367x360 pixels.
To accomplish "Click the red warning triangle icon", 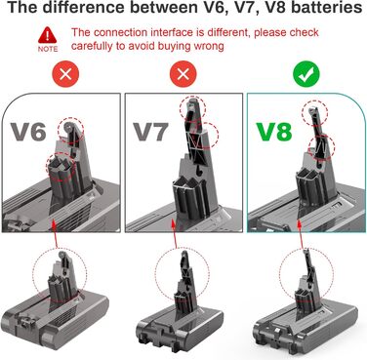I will tap(47, 33).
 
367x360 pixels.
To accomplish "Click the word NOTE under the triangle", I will tap(47, 47).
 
